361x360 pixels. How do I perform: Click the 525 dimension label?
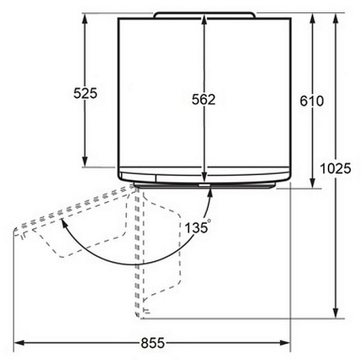click(85, 93)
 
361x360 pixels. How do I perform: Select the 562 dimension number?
click(203, 99)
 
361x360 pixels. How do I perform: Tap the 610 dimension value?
click(312, 101)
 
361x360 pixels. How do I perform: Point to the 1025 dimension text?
click(336, 168)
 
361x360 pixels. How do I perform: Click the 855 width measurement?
click(153, 342)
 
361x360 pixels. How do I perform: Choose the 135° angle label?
click(198, 227)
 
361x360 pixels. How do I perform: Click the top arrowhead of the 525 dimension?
click(85, 18)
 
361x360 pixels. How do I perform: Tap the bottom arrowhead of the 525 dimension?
click(85, 162)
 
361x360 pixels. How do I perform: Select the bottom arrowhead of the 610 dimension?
click(312, 183)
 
